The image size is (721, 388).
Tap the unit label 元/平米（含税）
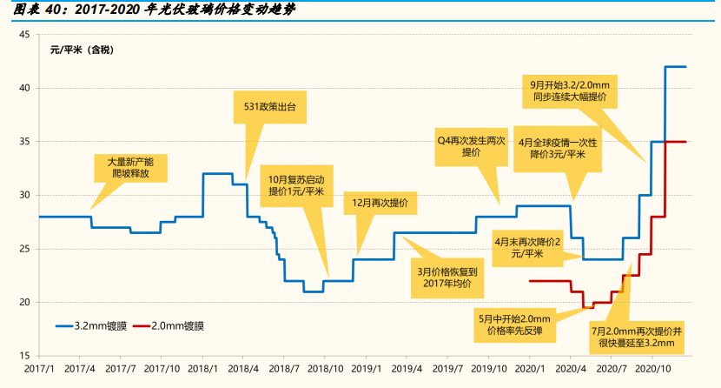coord(82,49)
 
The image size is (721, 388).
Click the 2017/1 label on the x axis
coord(39,369)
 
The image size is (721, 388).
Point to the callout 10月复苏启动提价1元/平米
coord(295,184)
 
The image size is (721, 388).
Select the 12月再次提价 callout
coord(380,202)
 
